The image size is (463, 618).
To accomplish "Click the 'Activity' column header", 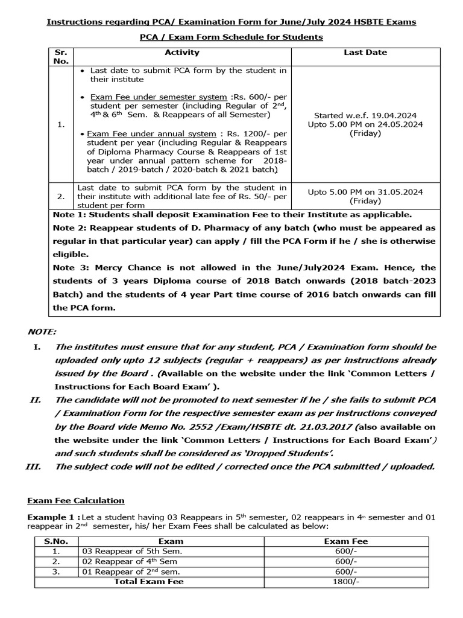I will [x=181, y=53].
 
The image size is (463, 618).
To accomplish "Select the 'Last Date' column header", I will [x=365, y=53].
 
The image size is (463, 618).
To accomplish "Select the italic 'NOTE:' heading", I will [x=42, y=331].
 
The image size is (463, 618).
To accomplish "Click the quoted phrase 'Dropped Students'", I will [x=297, y=453].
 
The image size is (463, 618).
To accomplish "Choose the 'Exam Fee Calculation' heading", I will [x=76, y=500].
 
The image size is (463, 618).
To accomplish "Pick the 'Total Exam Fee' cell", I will [x=149, y=581].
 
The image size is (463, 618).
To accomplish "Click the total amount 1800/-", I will [x=345, y=581].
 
